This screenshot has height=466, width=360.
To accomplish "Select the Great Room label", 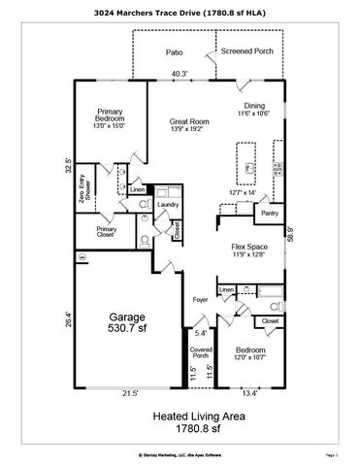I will tap(184, 119).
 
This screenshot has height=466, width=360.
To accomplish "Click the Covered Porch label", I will tap(201, 352).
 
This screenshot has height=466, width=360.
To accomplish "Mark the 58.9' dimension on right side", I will tap(290, 233).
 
